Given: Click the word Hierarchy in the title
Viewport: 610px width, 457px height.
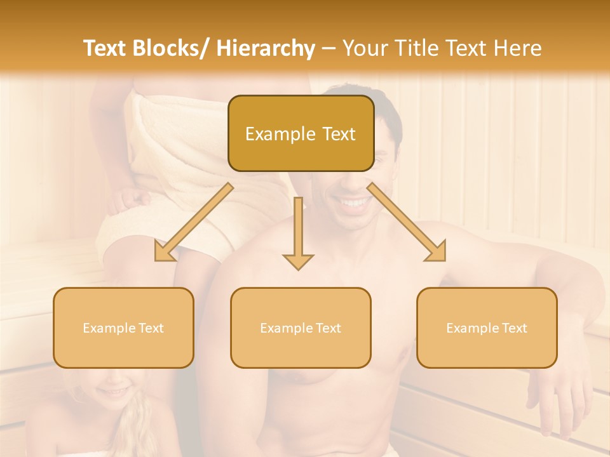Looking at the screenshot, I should [266, 48].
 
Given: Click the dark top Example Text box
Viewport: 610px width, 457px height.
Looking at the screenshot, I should [301, 134].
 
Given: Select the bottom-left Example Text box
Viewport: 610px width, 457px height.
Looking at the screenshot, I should [123, 328].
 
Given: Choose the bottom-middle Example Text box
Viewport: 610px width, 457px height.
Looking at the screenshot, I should [301, 328].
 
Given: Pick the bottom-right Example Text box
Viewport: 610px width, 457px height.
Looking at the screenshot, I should [487, 328].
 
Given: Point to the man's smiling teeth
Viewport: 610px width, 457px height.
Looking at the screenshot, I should [354, 202].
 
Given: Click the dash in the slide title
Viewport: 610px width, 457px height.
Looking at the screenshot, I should [329, 49].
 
